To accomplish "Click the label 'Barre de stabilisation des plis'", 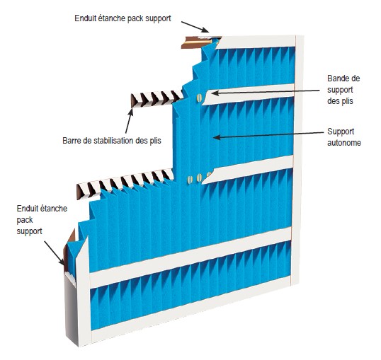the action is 112,141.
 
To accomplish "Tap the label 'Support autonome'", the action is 344,137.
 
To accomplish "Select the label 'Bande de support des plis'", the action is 343,90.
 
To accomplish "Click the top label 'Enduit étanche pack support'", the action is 123,18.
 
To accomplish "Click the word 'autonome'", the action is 344,142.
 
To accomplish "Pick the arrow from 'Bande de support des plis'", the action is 266,92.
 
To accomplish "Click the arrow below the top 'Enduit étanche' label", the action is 195,27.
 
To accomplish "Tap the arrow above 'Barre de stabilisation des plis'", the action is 130,121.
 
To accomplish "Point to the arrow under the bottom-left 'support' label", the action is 55,253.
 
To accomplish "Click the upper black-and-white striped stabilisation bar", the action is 157,98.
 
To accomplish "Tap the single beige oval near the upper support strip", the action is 199,98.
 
